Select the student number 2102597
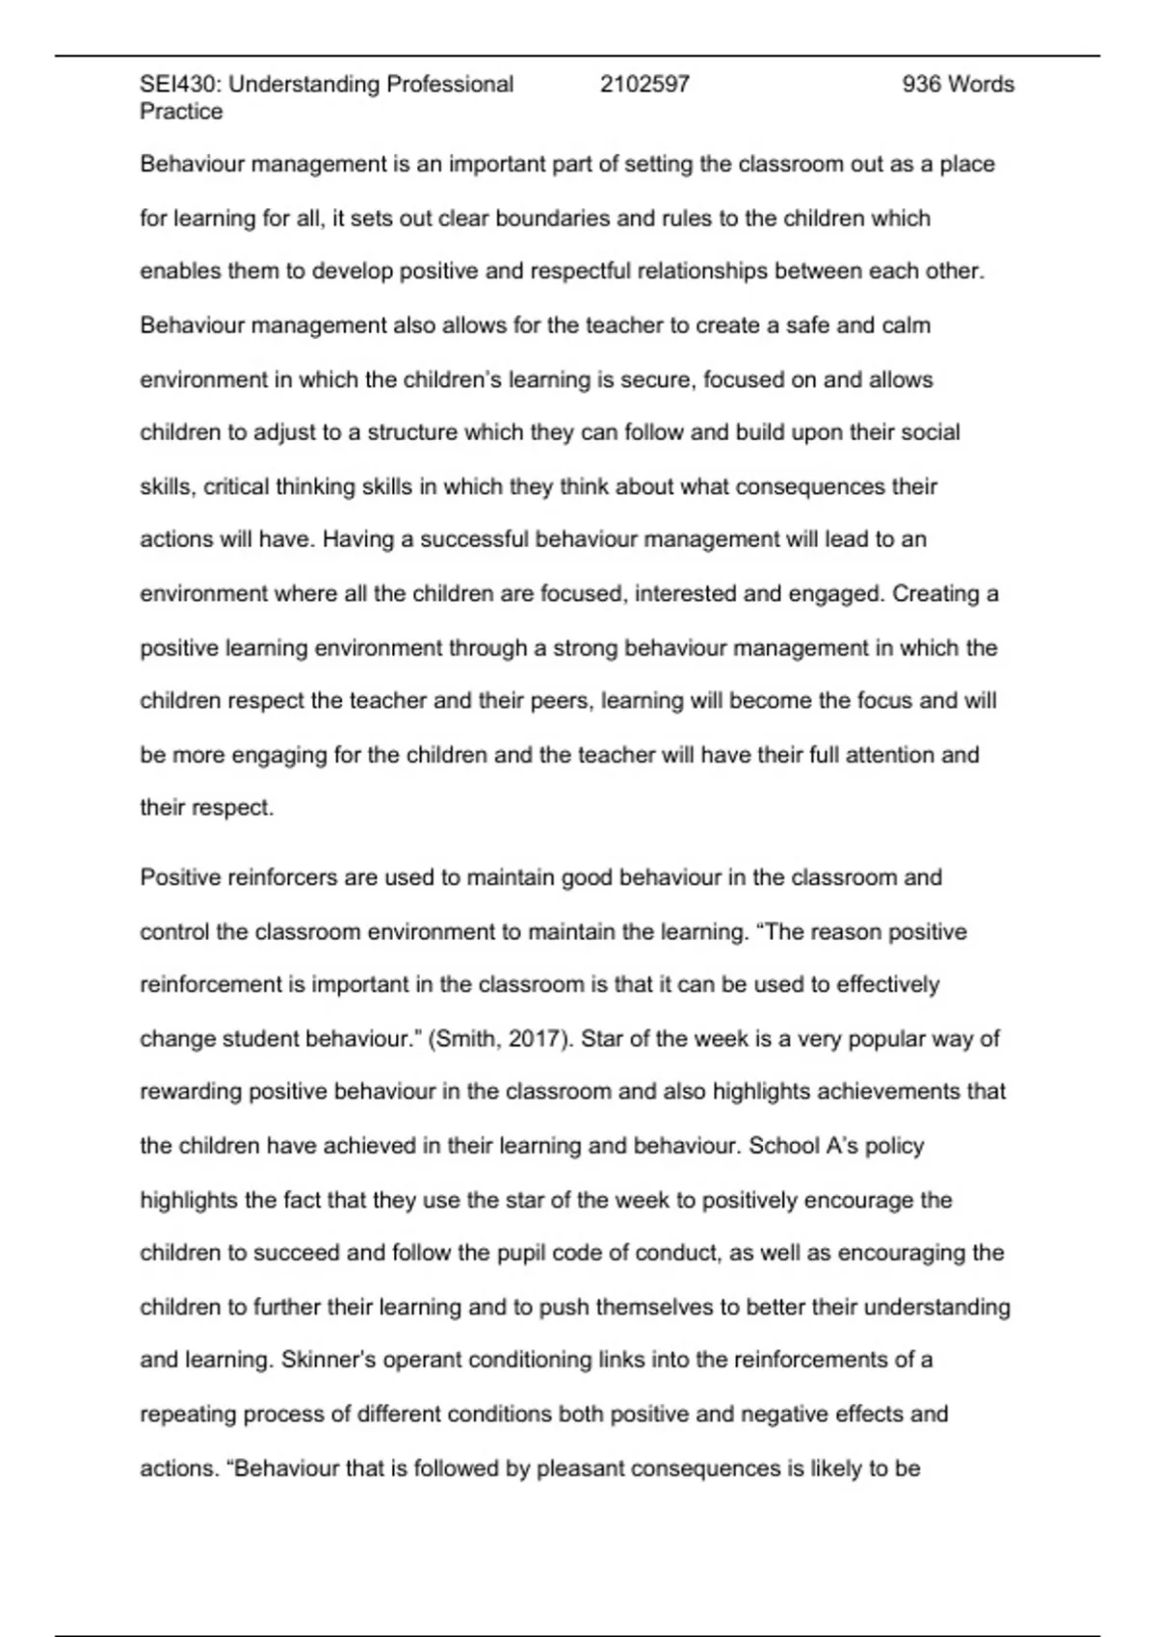[x=644, y=85]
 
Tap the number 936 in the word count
[x=921, y=85]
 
